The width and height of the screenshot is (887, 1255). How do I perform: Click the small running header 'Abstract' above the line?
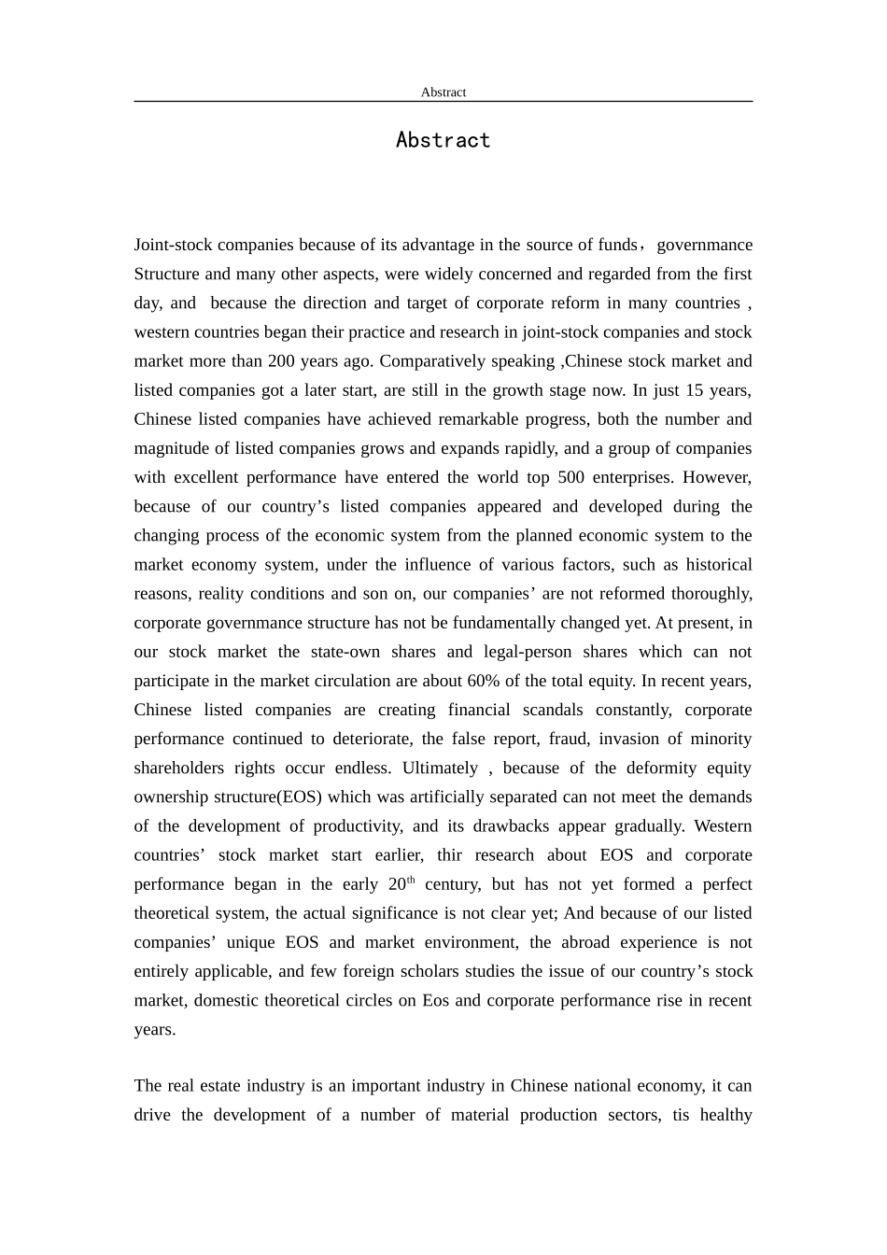point(443,92)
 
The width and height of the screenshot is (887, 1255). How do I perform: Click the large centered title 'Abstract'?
point(443,140)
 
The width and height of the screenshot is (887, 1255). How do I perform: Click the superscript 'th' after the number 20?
point(411,880)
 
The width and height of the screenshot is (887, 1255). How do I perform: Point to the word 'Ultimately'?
point(440,768)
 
